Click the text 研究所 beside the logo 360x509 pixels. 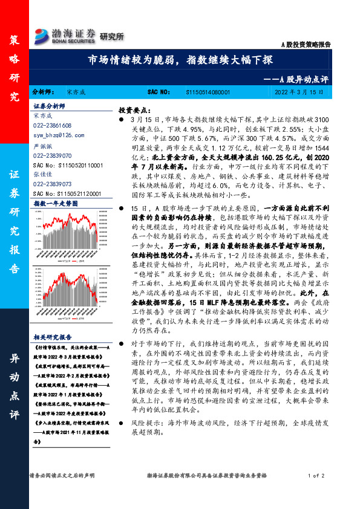tap(111, 37)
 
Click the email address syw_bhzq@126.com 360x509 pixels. tap(55, 135)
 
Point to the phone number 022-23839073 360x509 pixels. tap(52, 183)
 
